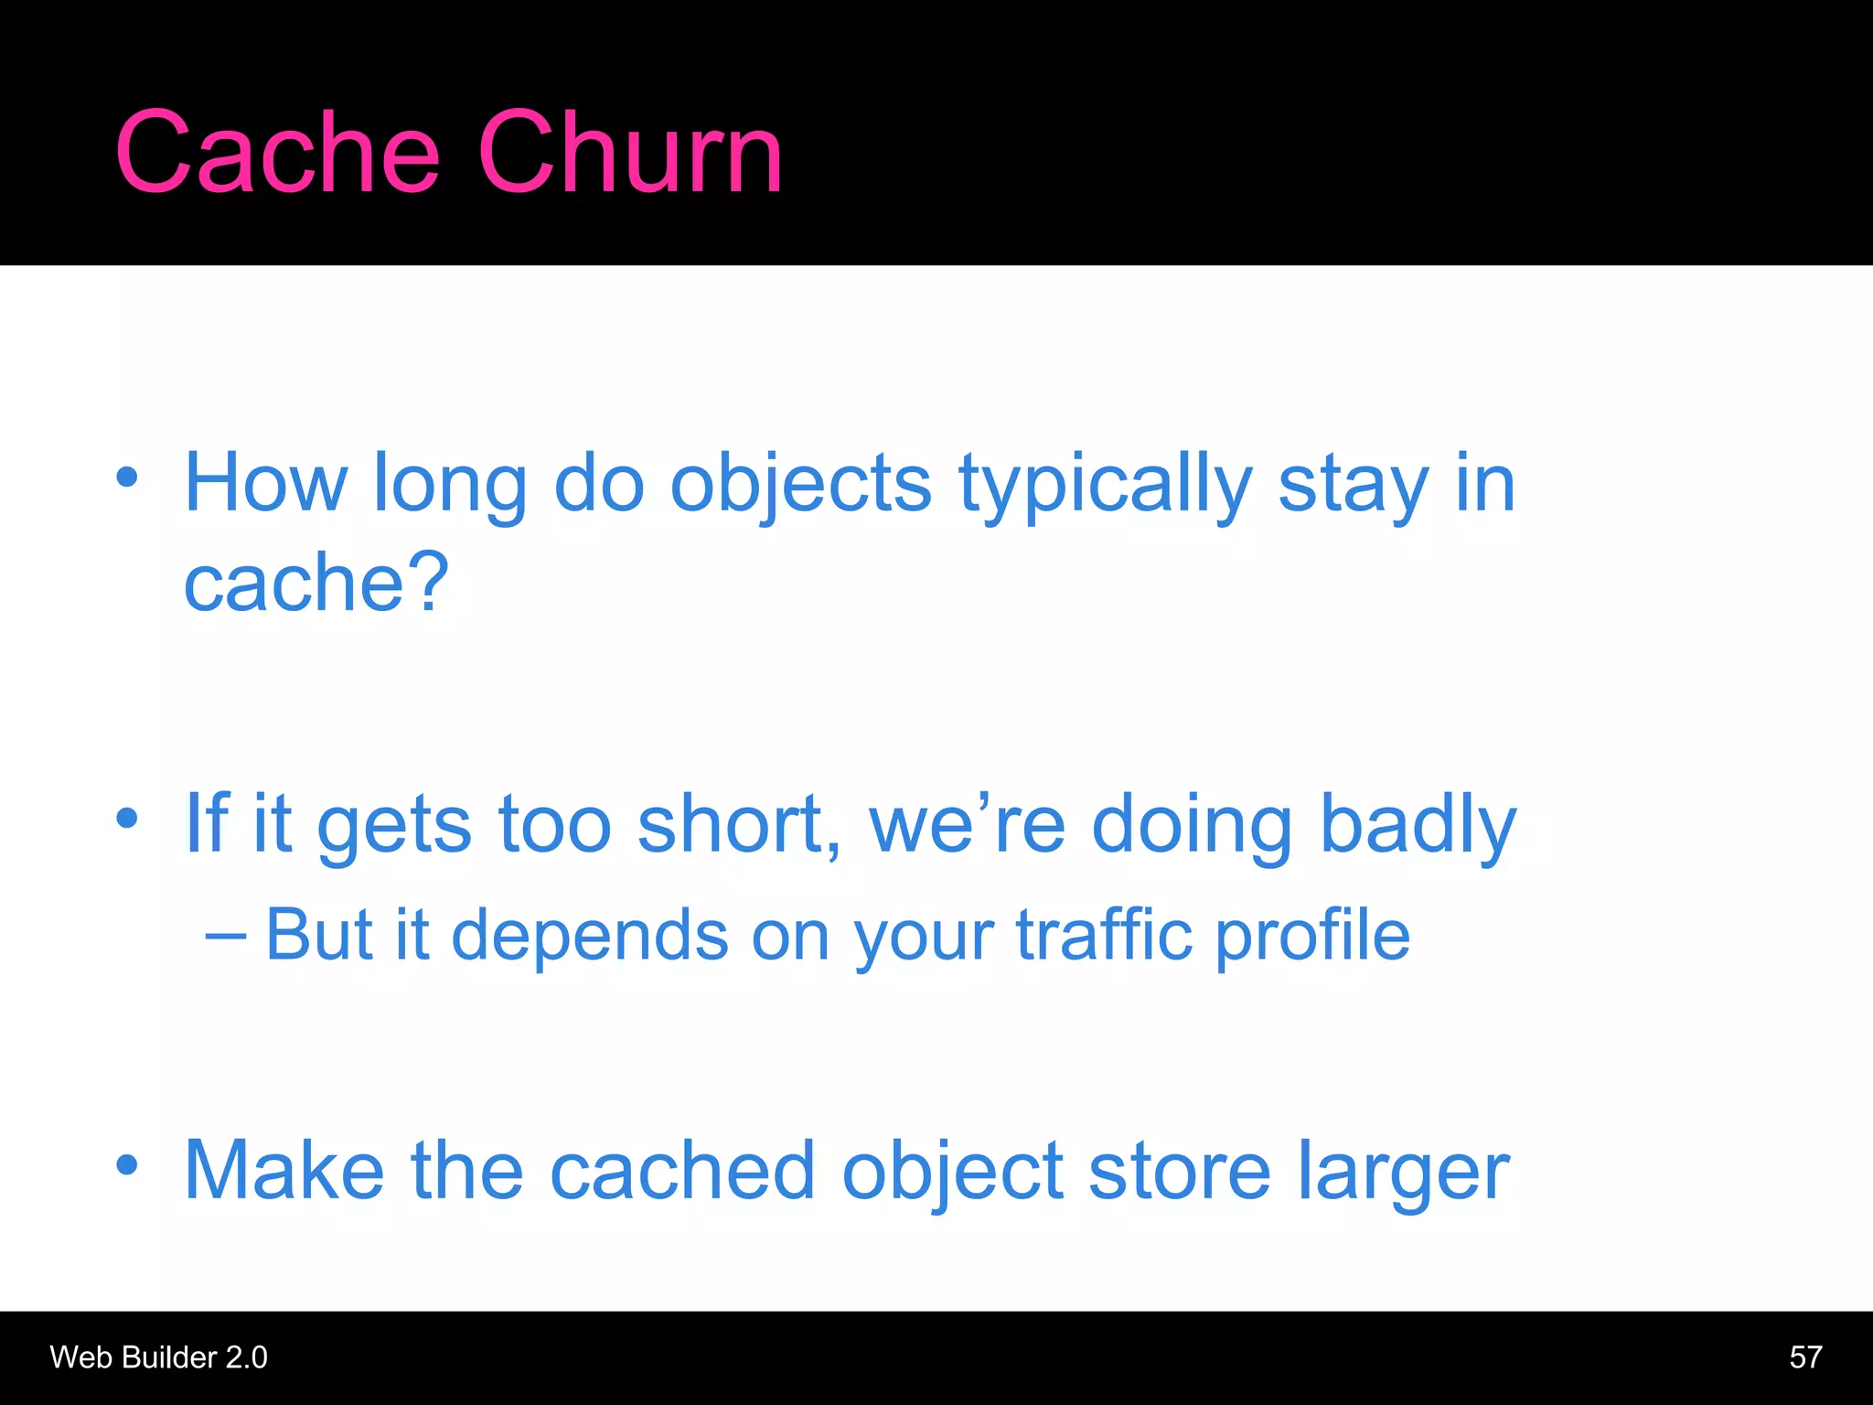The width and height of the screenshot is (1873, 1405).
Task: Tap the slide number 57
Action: [x=1805, y=1357]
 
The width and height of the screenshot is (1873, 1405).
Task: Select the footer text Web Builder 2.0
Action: [x=158, y=1357]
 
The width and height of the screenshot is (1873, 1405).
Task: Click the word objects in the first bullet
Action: [x=800, y=485]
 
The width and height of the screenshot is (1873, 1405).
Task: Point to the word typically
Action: [x=1105, y=485]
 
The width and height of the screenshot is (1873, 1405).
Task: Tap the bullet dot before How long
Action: [x=127, y=477]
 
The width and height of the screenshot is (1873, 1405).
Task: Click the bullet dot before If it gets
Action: [x=127, y=818]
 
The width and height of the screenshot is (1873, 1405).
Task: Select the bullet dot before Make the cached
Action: [x=127, y=1164]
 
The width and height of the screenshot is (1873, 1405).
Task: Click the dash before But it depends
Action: [x=225, y=937]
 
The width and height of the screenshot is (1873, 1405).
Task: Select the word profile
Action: [x=1312, y=937]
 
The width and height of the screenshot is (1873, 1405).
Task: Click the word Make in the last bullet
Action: [x=284, y=1171]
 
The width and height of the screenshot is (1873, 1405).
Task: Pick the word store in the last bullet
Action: [x=1179, y=1171]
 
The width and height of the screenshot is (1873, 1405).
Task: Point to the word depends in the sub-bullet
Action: [x=590, y=937]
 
